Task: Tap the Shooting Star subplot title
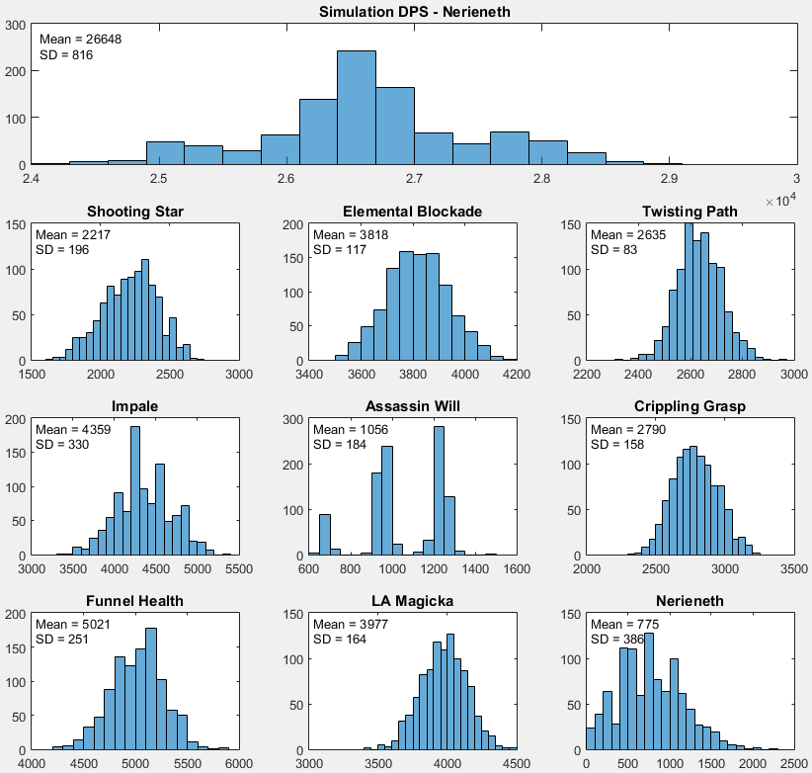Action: point(135,212)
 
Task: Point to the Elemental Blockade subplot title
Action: point(413,212)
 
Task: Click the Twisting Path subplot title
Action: point(690,212)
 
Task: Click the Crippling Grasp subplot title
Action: point(690,406)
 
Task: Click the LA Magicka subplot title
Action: point(413,601)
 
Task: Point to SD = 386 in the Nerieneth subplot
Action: point(616,640)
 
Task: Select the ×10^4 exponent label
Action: point(782,202)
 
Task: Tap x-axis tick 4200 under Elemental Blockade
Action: point(516,375)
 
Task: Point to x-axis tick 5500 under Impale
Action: point(239,569)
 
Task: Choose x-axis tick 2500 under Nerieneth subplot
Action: point(793,763)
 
